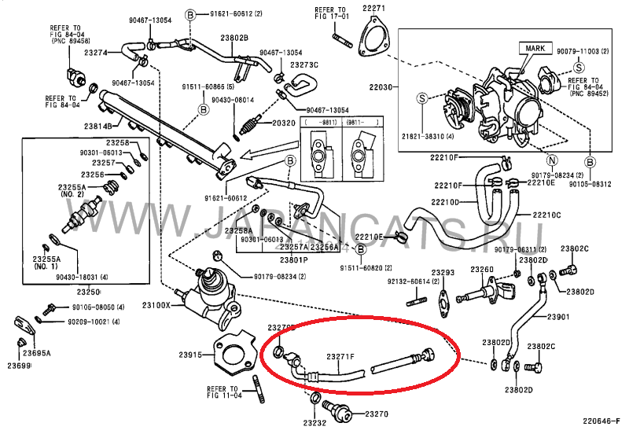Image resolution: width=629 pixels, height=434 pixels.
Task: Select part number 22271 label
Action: (x=374, y=9)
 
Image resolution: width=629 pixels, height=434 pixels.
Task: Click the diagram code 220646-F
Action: (x=601, y=426)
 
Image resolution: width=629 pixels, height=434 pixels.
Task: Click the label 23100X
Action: (x=156, y=304)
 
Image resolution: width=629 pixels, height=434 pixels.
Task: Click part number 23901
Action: (x=557, y=317)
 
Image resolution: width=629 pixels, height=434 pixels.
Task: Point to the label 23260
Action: (x=482, y=270)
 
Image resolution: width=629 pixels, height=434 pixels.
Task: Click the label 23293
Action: (x=443, y=273)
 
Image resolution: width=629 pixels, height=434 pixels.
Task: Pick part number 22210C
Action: (x=546, y=215)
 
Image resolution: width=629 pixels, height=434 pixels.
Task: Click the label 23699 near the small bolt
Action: (x=17, y=366)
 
